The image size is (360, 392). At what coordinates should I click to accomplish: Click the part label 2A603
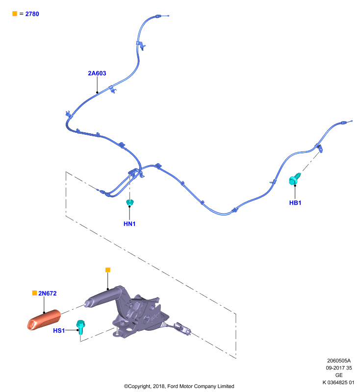(97, 73)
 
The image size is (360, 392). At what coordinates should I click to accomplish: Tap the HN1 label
(129, 224)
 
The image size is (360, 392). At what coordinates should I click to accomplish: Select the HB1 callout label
(295, 203)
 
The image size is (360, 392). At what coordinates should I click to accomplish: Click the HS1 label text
(59, 330)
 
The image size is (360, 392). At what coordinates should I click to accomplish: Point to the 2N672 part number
(47, 293)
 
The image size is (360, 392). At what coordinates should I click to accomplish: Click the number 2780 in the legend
(32, 14)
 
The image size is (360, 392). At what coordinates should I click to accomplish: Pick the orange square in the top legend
(15, 14)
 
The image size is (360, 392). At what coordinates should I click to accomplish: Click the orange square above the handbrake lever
(108, 270)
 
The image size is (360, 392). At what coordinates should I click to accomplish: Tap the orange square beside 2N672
(34, 293)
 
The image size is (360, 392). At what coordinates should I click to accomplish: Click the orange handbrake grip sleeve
(44, 320)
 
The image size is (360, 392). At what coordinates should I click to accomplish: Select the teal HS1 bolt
(80, 327)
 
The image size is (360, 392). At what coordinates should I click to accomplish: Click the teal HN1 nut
(130, 202)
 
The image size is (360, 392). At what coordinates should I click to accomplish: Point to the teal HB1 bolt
(294, 179)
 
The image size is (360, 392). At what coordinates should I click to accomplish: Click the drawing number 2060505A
(339, 361)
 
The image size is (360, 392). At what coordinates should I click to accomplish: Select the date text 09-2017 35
(339, 368)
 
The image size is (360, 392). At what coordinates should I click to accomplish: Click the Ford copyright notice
(179, 386)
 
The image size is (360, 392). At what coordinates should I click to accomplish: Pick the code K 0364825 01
(338, 382)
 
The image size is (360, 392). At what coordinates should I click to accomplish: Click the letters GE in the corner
(339, 375)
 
